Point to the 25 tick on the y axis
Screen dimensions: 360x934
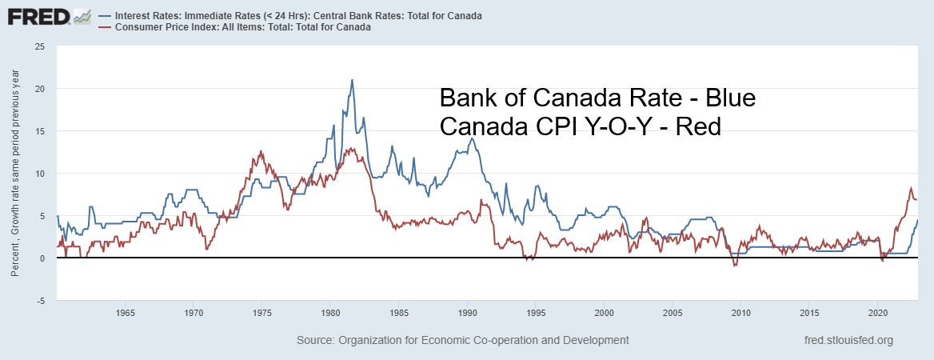click(39, 46)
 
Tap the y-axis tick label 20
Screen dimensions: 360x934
click(39, 89)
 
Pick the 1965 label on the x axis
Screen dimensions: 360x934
click(125, 313)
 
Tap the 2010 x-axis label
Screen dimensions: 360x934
click(741, 313)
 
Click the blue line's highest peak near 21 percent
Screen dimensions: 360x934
click(352, 80)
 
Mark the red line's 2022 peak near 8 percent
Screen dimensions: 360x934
click(910, 189)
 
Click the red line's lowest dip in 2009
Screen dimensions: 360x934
click(735, 265)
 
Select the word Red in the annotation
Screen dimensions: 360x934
click(697, 126)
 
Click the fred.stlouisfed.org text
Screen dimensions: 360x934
click(848, 340)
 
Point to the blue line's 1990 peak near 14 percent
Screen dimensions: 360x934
click(472, 138)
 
